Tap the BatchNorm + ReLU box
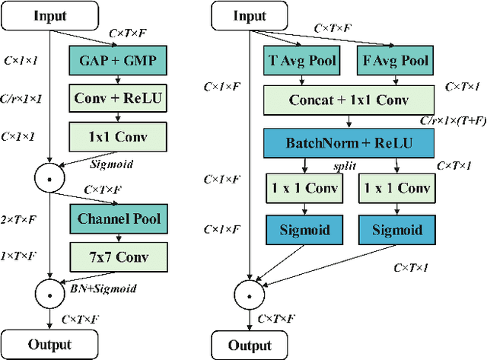(x=349, y=142)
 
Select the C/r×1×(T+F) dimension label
(x=452, y=120)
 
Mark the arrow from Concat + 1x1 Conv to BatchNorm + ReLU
(x=349, y=121)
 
